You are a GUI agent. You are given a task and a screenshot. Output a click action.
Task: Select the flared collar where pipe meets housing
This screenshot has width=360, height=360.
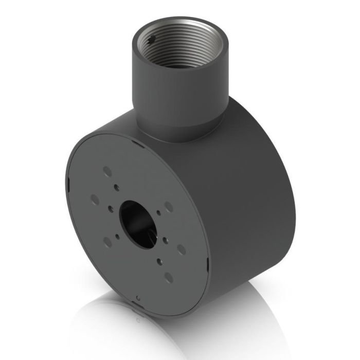tap(177, 129)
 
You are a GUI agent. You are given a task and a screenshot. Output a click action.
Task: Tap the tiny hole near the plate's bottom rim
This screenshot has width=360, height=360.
tap(138, 297)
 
